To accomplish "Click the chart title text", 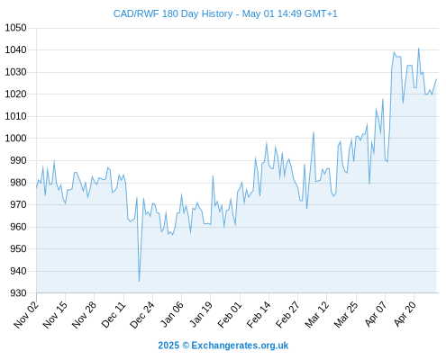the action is coord(225,13).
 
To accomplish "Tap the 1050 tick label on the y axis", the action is coord(15,28).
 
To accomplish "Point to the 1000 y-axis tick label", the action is coord(15,139).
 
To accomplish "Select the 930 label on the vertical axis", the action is coord(18,293).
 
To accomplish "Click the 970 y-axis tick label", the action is coord(18,204).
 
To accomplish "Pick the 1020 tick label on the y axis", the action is coord(15,94).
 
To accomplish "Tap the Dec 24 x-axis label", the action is coord(142,314).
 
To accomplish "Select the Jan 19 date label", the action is coord(201,314).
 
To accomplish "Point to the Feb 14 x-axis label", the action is coord(259,314).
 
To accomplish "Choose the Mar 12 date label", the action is coord(317,314).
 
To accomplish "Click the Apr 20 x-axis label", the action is coord(405,314).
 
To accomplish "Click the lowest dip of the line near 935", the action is coord(139,282).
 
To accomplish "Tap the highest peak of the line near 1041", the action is coord(418,48).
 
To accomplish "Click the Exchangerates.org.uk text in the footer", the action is coord(240,346).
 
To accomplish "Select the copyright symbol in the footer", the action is coord(186,346).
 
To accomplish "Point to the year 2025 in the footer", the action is coord(168,346).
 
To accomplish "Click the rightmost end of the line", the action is coord(436,79).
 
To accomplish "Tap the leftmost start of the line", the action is coord(37,187).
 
